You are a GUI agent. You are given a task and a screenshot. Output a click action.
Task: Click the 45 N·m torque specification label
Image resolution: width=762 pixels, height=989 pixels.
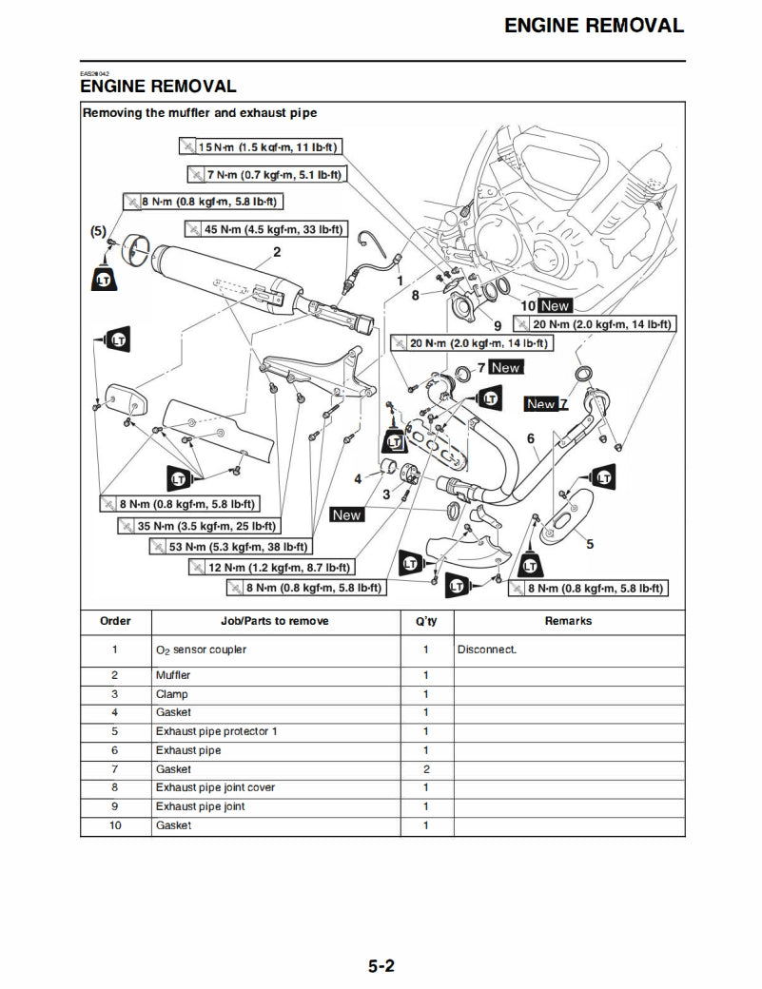tap(267, 229)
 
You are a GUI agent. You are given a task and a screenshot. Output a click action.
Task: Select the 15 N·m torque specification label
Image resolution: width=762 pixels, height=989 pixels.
tap(260, 146)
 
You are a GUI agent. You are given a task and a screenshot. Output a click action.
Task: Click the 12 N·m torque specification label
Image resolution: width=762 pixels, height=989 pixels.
tap(270, 568)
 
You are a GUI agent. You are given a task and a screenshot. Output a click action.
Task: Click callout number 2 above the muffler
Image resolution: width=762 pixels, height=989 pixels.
tap(277, 252)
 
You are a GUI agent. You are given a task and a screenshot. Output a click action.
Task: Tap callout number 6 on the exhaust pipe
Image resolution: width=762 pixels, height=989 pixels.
tap(532, 437)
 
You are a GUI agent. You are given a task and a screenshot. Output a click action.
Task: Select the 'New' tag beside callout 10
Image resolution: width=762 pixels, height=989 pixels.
tap(555, 306)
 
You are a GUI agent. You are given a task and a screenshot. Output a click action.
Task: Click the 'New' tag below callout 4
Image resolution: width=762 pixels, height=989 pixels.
tap(347, 514)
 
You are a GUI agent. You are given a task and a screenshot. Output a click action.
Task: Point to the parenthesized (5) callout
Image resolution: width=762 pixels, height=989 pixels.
tap(97, 230)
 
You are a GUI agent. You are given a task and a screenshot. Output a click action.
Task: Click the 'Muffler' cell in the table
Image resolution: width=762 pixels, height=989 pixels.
tap(173, 675)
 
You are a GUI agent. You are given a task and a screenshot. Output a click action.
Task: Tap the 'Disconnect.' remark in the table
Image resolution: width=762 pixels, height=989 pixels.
tap(487, 650)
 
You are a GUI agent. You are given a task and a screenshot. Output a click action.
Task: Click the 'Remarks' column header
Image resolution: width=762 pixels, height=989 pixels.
tap(568, 621)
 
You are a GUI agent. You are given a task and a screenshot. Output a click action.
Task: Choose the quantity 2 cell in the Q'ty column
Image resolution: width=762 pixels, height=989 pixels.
tap(425, 769)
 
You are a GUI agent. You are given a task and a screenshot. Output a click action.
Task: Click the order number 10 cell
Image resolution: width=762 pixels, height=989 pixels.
tap(115, 825)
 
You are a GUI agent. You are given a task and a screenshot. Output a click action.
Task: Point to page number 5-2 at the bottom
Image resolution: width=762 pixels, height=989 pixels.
tap(381, 967)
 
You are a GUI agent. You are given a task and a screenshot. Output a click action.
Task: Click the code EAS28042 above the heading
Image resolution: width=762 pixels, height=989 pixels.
tap(94, 73)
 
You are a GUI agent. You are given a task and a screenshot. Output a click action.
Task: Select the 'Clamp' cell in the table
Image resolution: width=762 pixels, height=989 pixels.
tap(171, 694)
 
